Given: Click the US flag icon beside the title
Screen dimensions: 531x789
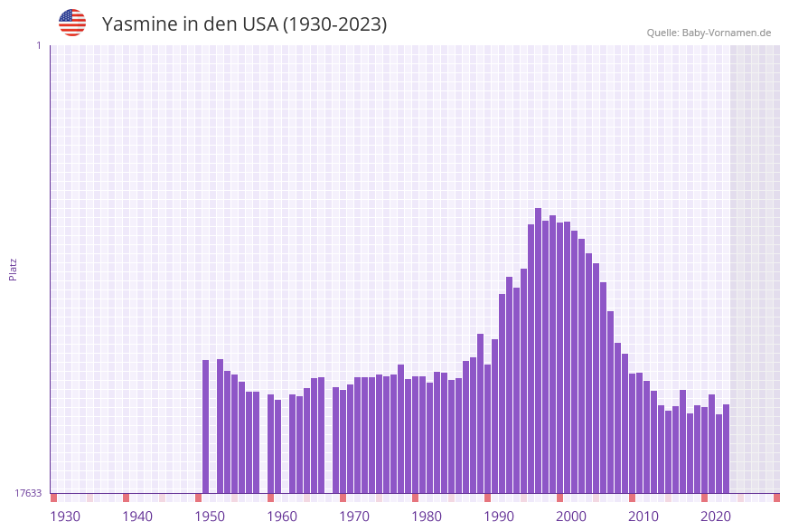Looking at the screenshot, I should (x=72, y=23).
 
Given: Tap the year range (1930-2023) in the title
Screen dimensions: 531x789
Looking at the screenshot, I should (x=334, y=24).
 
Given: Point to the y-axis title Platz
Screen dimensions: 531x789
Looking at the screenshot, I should (x=14, y=269).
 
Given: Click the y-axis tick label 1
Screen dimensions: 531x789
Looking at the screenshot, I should (x=38, y=45).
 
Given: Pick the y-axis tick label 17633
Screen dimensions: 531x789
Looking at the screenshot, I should (x=28, y=493).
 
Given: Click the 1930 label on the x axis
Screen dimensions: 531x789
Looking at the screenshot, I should (x=65, y=517).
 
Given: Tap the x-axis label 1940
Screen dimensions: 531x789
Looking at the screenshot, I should (x=137, y=517).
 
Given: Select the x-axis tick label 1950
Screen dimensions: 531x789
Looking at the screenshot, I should (x=210, y=517).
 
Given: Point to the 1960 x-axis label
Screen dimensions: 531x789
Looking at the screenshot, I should (x=282, y=517).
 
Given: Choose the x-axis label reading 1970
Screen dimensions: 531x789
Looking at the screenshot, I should (x=354, y=517).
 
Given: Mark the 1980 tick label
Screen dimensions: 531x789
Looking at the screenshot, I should (x=427, y=517).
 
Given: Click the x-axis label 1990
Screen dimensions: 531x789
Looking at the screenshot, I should (x=499, y=517).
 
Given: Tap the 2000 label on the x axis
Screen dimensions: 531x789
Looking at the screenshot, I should (x=571, y=517).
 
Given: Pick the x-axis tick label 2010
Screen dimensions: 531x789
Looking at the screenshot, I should (x=643, y=517).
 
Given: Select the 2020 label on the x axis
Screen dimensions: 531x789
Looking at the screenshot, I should (x=716, y=517).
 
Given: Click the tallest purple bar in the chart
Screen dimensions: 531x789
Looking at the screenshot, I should (x=538, y=353).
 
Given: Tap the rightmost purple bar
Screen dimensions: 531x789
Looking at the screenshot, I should (x=726, y=449).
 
